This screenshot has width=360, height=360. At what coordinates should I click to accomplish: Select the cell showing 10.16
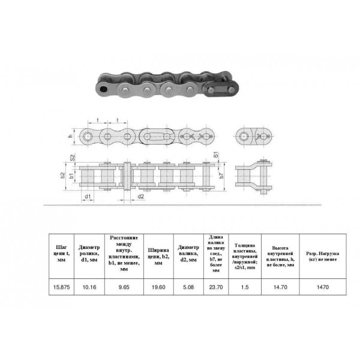coord(89,287)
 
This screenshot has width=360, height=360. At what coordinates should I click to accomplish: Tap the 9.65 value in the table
coord(124,287)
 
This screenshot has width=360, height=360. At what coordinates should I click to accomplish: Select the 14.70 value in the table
coord(280,287)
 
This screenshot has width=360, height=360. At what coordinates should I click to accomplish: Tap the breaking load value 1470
coord(323,287)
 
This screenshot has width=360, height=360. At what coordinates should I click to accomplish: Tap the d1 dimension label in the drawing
coord(88,196)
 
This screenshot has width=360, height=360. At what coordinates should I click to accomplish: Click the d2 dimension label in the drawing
coord(140,196)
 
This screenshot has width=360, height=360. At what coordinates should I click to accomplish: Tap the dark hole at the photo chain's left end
coord(106,89)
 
